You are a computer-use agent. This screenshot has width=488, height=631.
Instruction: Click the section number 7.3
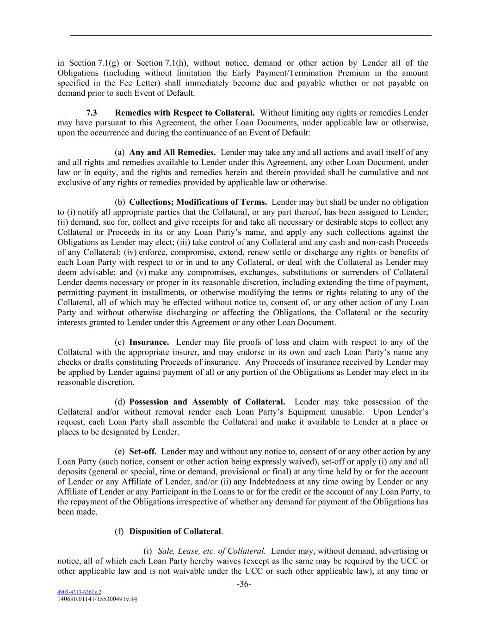[92, 113]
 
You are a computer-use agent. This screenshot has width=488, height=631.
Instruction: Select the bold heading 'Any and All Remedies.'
[173, 152]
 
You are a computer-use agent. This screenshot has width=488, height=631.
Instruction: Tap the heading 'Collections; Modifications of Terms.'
[198, 202]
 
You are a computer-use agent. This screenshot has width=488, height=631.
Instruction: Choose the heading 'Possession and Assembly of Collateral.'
[207, 402]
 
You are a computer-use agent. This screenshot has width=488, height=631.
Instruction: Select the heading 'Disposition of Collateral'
[175, 531]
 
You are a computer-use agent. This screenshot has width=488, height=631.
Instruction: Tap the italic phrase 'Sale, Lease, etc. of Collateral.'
[212, 551]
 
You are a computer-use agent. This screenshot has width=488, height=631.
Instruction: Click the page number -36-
[244, 584]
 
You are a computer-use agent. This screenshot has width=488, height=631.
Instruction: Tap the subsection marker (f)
[119, 531]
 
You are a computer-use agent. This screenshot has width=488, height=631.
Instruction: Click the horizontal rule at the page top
[250, 35]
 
